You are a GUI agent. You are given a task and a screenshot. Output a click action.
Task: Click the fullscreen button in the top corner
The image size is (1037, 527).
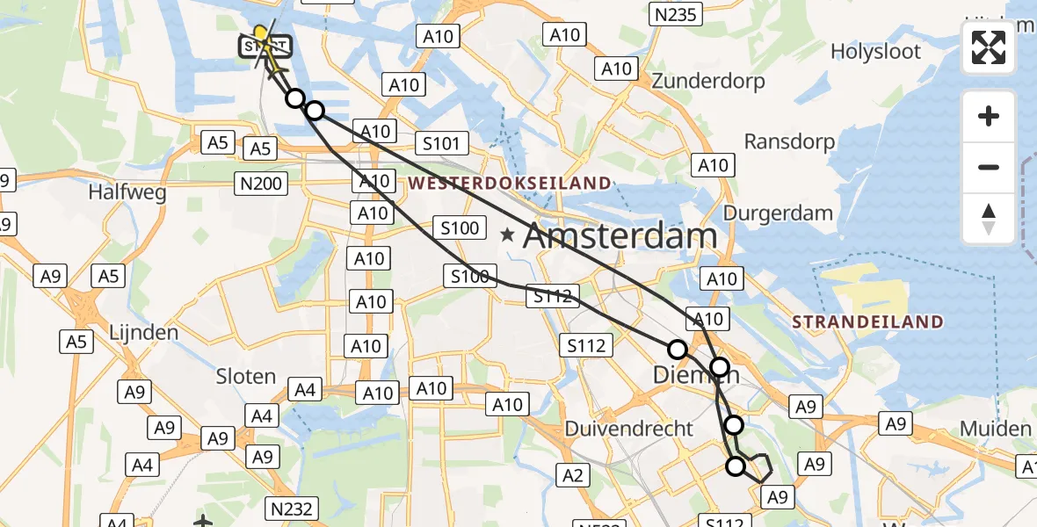(989, 47)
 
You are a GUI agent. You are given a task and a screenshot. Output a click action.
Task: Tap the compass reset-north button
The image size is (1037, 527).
(989, 219)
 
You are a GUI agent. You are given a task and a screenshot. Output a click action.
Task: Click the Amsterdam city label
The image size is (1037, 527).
(620, 236)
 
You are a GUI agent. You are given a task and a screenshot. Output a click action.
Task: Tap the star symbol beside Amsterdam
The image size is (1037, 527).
(508, 235)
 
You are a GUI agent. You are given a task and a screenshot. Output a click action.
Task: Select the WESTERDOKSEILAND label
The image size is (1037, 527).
(509, 183)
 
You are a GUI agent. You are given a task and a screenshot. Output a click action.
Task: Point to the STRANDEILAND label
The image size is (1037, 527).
(867, 322)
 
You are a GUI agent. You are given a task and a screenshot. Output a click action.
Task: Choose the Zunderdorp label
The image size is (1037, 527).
(707, 82)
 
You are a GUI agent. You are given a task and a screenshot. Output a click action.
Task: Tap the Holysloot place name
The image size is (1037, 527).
(876, 52)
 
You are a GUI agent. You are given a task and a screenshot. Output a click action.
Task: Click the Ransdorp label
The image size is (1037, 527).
(789, 141)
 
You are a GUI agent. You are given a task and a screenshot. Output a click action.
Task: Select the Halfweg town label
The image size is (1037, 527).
(127, 193)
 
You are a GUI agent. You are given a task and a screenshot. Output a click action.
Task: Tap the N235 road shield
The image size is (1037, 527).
(674, 13)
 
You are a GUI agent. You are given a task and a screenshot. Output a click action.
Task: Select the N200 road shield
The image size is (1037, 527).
(258, 183)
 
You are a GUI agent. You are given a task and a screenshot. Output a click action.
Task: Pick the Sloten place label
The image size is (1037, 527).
(246, 376)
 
